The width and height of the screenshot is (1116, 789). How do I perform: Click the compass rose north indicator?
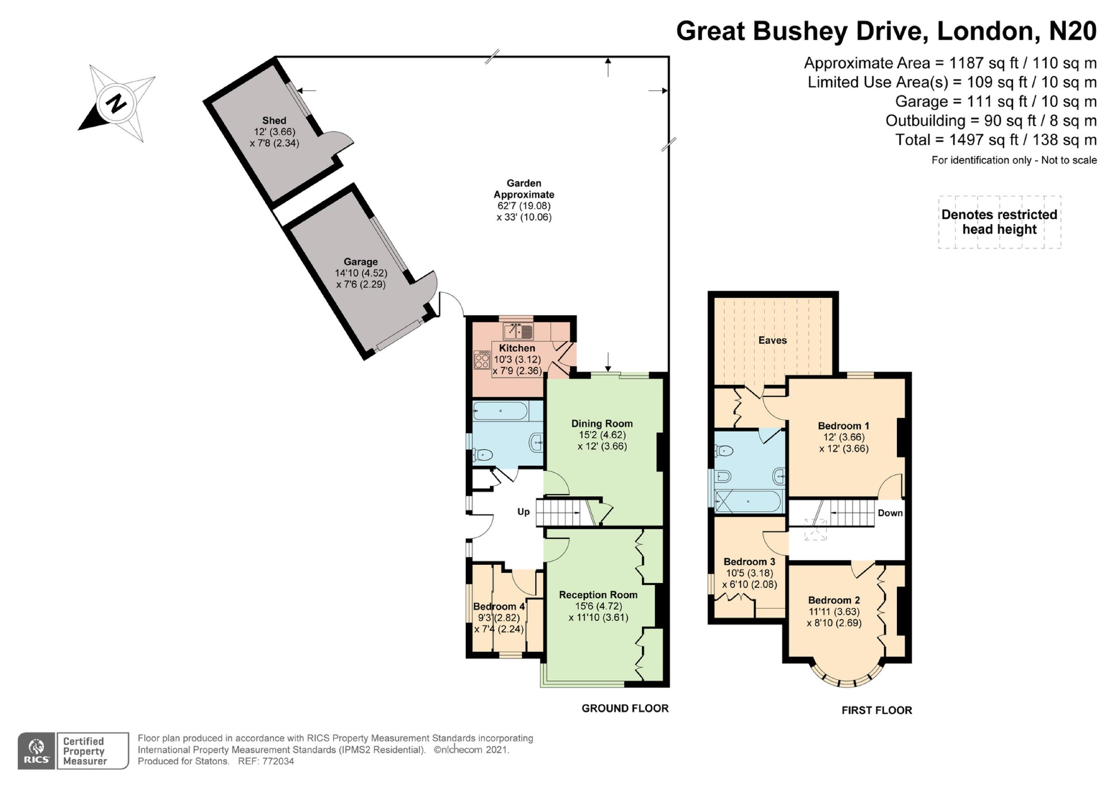click(116, 104)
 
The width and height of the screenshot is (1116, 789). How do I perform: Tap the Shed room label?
click(274, 120)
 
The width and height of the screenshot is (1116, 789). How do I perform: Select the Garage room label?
click(360, 261)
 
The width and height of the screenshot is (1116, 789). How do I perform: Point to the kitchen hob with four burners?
click(482, 360)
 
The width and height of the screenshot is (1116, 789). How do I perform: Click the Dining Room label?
click(602, 423)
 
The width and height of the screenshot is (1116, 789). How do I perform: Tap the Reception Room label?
click(598, 595)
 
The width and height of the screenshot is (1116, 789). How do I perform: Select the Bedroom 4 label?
click(498, 606)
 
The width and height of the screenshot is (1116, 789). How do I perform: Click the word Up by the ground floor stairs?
click(523, 511)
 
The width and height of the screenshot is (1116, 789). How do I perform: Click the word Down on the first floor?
click(890, 513)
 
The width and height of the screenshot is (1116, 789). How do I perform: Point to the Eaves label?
click(772, 340)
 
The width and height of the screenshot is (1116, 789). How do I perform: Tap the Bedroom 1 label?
click(844, 426)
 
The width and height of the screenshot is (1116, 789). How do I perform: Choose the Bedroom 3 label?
click(749, 562)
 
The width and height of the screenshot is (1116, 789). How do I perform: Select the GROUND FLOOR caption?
click(624, 709)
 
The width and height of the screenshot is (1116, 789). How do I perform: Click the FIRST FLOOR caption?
click(877, 710)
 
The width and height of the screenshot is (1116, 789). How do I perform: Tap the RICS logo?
click(36, 751)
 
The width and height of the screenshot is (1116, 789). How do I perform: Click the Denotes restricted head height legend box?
click(999, 222)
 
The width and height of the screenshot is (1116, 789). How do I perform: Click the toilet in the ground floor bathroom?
click(482, 455)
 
